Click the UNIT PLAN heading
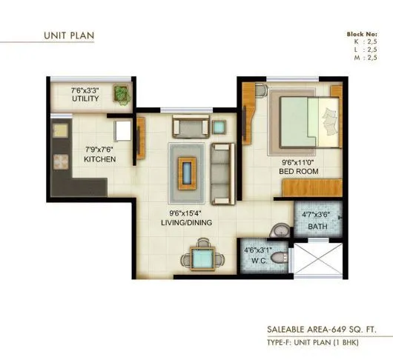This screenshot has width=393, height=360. tap(67, 35)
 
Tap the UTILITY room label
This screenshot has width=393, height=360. tap(85, 99)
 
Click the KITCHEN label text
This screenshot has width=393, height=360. tap(99, 159)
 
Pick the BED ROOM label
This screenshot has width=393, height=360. tap(299, 172)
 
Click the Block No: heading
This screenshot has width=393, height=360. tap(363, 35)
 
